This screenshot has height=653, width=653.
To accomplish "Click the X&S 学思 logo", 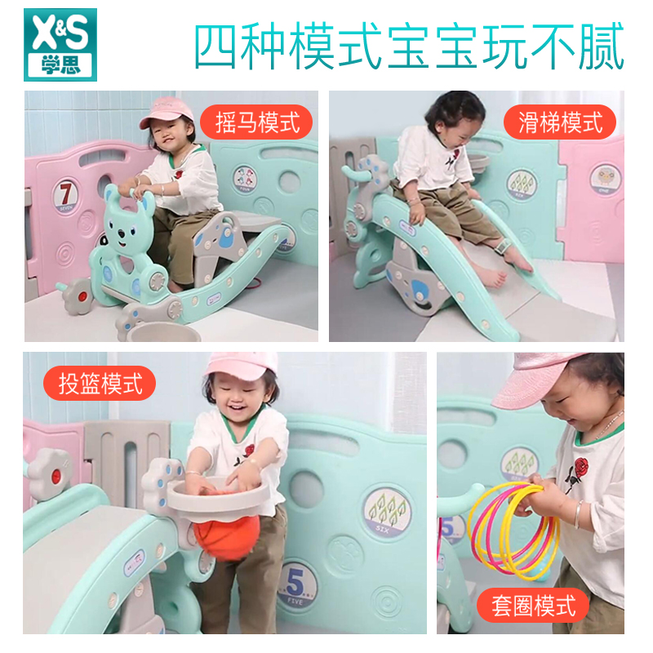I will click(60, 44).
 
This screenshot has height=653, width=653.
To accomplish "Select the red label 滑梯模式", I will click(560, 122).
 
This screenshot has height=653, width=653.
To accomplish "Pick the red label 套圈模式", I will click(534, 606).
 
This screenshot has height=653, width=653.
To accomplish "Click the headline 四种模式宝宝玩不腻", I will click(409, 47).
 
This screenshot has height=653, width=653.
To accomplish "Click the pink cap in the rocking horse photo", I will click(167, 111).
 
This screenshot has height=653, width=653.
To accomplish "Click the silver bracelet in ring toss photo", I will click(578, 514).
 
